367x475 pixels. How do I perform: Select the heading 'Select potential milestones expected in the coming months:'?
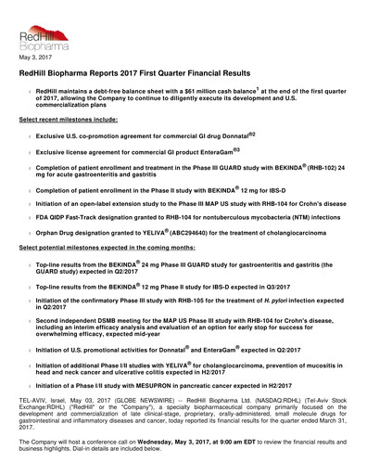(101, 250)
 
